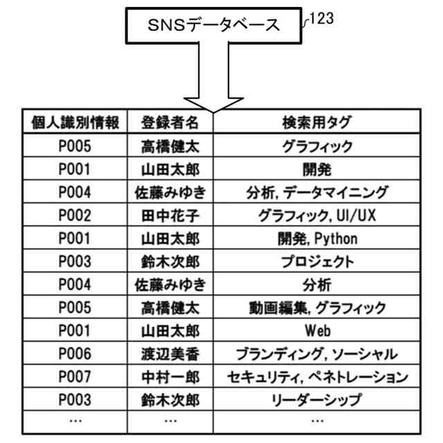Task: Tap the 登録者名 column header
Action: tap(170, 123)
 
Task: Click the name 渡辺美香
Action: tap(170, 354)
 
